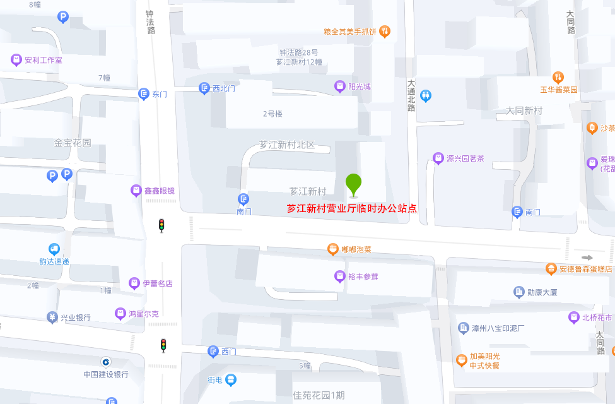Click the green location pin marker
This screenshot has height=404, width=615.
coord(353,184)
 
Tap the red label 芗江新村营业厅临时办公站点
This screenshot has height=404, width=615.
coord(351,208)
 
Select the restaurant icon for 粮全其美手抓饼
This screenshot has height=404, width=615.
coord(385,31)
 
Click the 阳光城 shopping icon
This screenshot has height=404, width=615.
coord(339,86)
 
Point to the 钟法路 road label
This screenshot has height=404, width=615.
coord(149,21)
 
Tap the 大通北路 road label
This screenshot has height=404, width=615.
coord(411,95)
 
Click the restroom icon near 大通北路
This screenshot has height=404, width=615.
coord(426,96)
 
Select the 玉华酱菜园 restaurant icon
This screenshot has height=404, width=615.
coord(558,77)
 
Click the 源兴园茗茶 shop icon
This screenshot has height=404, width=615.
coord(438,158)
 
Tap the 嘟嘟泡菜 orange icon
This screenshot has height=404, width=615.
coord(332,249)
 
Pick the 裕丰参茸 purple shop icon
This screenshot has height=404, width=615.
coord(339,276)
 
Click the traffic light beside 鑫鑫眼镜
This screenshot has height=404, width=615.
coord(161,225)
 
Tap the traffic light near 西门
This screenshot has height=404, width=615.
coord(163,345)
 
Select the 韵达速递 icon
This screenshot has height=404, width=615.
coord(54,249)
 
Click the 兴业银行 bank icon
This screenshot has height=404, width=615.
coord(52,317)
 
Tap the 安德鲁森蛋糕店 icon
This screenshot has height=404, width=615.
coord(551,269)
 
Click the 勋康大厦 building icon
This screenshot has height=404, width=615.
coord(518,292)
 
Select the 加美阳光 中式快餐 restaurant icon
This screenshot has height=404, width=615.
coord(461,360)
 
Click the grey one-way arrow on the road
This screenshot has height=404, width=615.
coord(587,258)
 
